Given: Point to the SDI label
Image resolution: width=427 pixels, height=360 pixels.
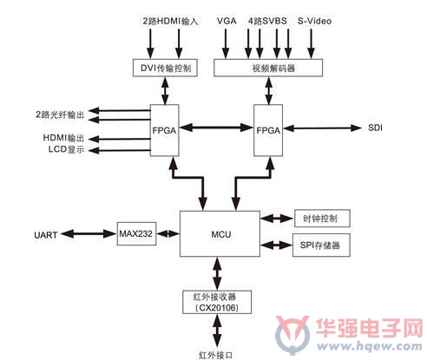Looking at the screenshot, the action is click(375, 128).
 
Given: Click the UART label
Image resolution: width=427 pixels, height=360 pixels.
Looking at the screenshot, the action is click(46, 235).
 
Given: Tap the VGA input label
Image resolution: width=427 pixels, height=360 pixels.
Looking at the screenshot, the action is click(227, 21).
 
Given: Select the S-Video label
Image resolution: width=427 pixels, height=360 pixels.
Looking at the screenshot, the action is click(314, 21).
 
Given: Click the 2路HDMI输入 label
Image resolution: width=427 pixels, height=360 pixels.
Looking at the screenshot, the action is click(170, 22).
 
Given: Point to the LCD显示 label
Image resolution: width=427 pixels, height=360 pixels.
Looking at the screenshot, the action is click(66, 149).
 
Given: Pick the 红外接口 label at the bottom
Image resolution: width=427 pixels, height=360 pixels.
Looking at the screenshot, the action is click(216, 355).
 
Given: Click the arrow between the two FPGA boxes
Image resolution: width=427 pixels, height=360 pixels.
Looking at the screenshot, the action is click(216, 128).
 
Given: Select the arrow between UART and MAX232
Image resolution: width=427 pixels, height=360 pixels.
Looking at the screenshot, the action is click(89, 233).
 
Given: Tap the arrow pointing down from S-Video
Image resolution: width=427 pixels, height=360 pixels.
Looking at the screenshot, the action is click(311, 44).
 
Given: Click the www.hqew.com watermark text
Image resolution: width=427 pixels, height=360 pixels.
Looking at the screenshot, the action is click(370, 346).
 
